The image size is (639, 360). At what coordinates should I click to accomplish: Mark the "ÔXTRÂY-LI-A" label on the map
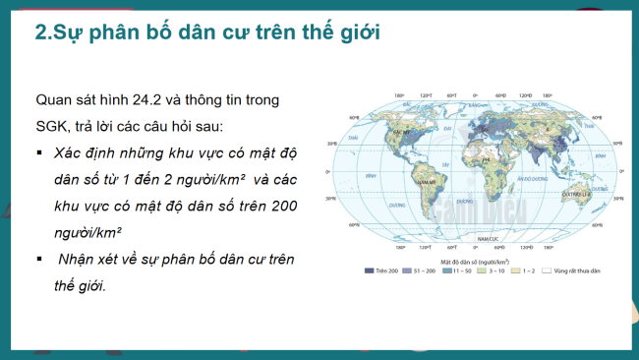click(x=574, y=195)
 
